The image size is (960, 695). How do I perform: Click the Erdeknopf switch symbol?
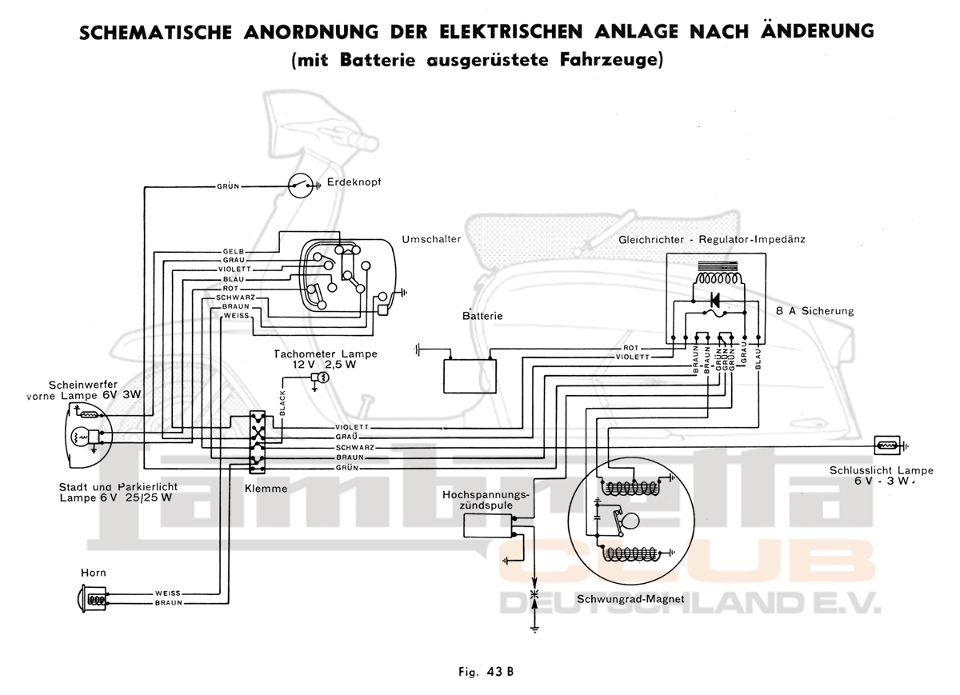tap(301, 186)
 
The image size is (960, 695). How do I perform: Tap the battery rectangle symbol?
tap(470, 374)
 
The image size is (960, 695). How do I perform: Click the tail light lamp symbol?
tap(886, 445)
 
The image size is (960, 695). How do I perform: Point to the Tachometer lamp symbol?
tap(322, 377)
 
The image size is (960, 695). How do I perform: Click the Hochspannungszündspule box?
tap(488, 525)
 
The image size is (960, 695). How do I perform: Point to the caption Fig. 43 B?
tap(480, 671)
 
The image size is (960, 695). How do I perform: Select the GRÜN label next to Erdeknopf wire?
tap(228, 186)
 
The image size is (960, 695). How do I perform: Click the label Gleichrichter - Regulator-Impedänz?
tap(711, 239)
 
